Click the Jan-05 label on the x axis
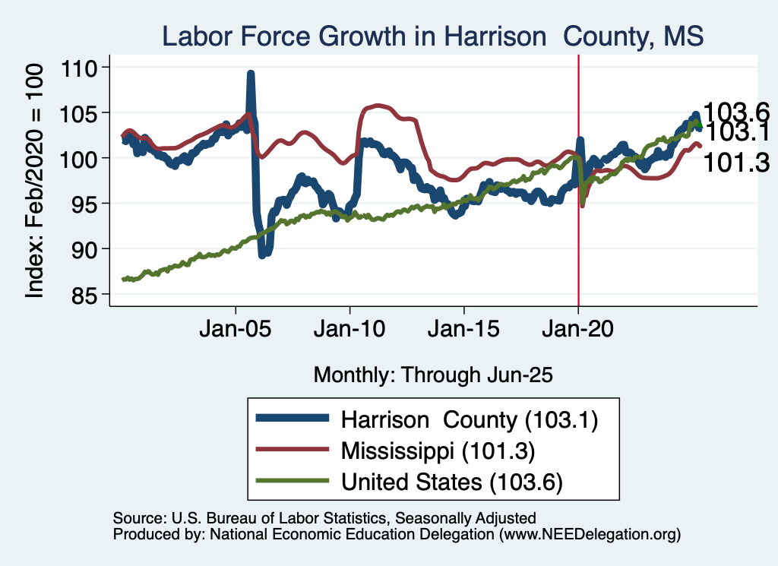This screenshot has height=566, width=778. click(x=236, y=331)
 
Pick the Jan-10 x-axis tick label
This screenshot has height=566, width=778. click(x=349, y=331)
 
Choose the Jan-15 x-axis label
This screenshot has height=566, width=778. click(x=464, y=331)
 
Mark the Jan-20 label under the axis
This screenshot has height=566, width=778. click(x=578, y=331)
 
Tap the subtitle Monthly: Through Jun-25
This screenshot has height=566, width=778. click(x=432, y=375)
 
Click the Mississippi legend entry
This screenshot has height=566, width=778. click(x=439, y=451)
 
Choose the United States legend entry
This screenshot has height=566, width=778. click(x=451, y=482)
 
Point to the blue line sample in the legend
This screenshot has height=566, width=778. click(x=293, y=419)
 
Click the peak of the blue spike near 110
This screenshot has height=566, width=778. click(x=250, y=74)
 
